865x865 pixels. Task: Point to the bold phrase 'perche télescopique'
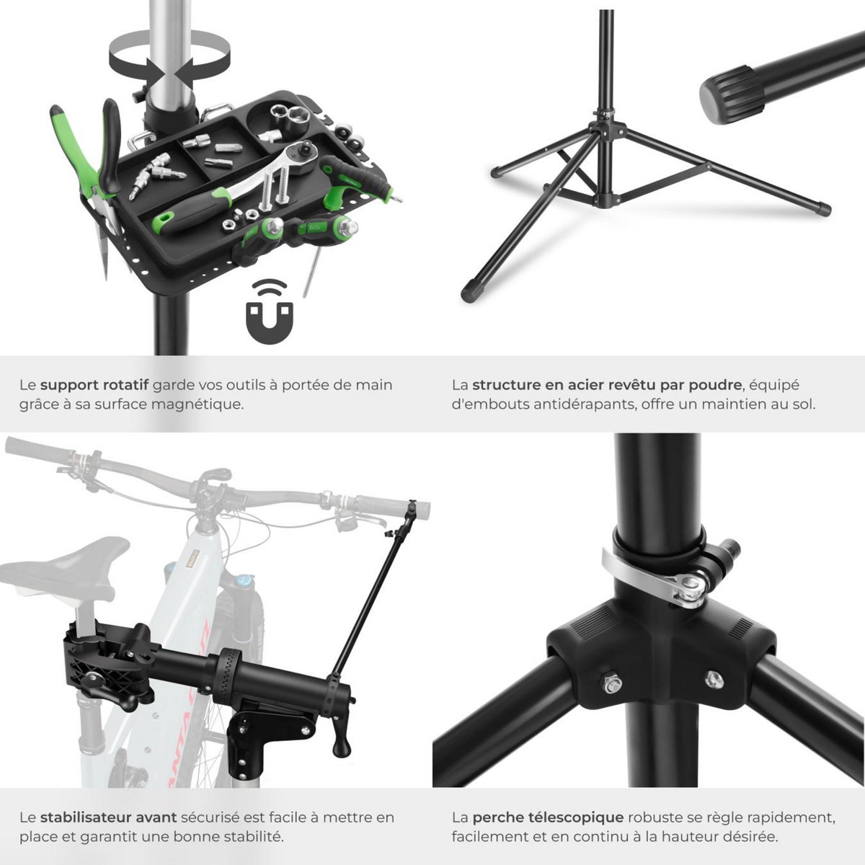click(548, 817)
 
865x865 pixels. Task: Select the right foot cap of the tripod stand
click(822, 209)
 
